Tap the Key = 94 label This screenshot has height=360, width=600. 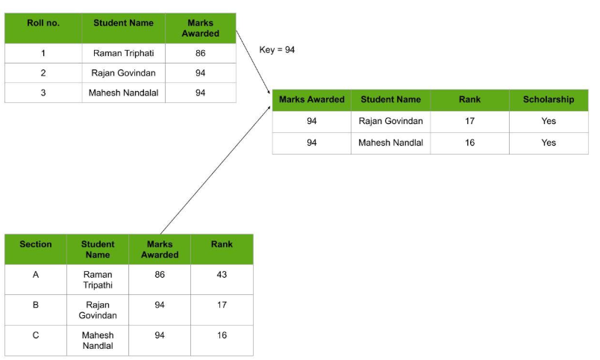point(278,50)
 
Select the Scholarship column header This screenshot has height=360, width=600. point(549,99)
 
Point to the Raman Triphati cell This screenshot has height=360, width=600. point(123,54)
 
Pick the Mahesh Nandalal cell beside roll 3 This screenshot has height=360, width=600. point(123,93)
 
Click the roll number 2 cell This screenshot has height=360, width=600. point(43,73)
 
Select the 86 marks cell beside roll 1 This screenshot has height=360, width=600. point(200,54)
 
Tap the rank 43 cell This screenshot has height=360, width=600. point(222,275)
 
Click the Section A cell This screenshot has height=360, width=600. point(35,275)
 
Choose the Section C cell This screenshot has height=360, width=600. point(35,335)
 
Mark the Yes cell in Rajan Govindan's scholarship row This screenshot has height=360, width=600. point(549,121)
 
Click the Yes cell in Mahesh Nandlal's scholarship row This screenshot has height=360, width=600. point(549,143)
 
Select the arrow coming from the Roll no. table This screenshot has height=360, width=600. point(253,60)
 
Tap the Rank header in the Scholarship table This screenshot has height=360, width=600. point(469,99)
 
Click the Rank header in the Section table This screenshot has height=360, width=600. point(222,244)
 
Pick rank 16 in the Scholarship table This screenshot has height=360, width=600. point(469,143)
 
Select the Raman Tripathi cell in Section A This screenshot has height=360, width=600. point(97,279)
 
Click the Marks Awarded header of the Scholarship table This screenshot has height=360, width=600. point(311,99)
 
